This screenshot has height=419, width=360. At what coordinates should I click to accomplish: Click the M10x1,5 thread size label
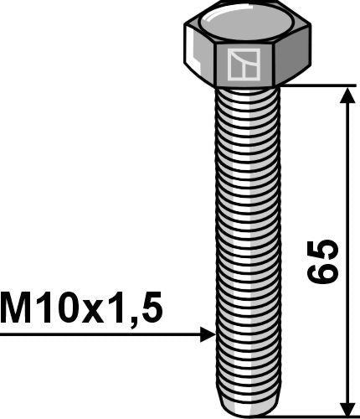81,309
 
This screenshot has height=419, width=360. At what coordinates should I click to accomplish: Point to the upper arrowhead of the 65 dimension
344,93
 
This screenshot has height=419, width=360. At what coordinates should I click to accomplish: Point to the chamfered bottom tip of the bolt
246,408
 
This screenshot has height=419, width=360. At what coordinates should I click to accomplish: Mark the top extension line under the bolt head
318,85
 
